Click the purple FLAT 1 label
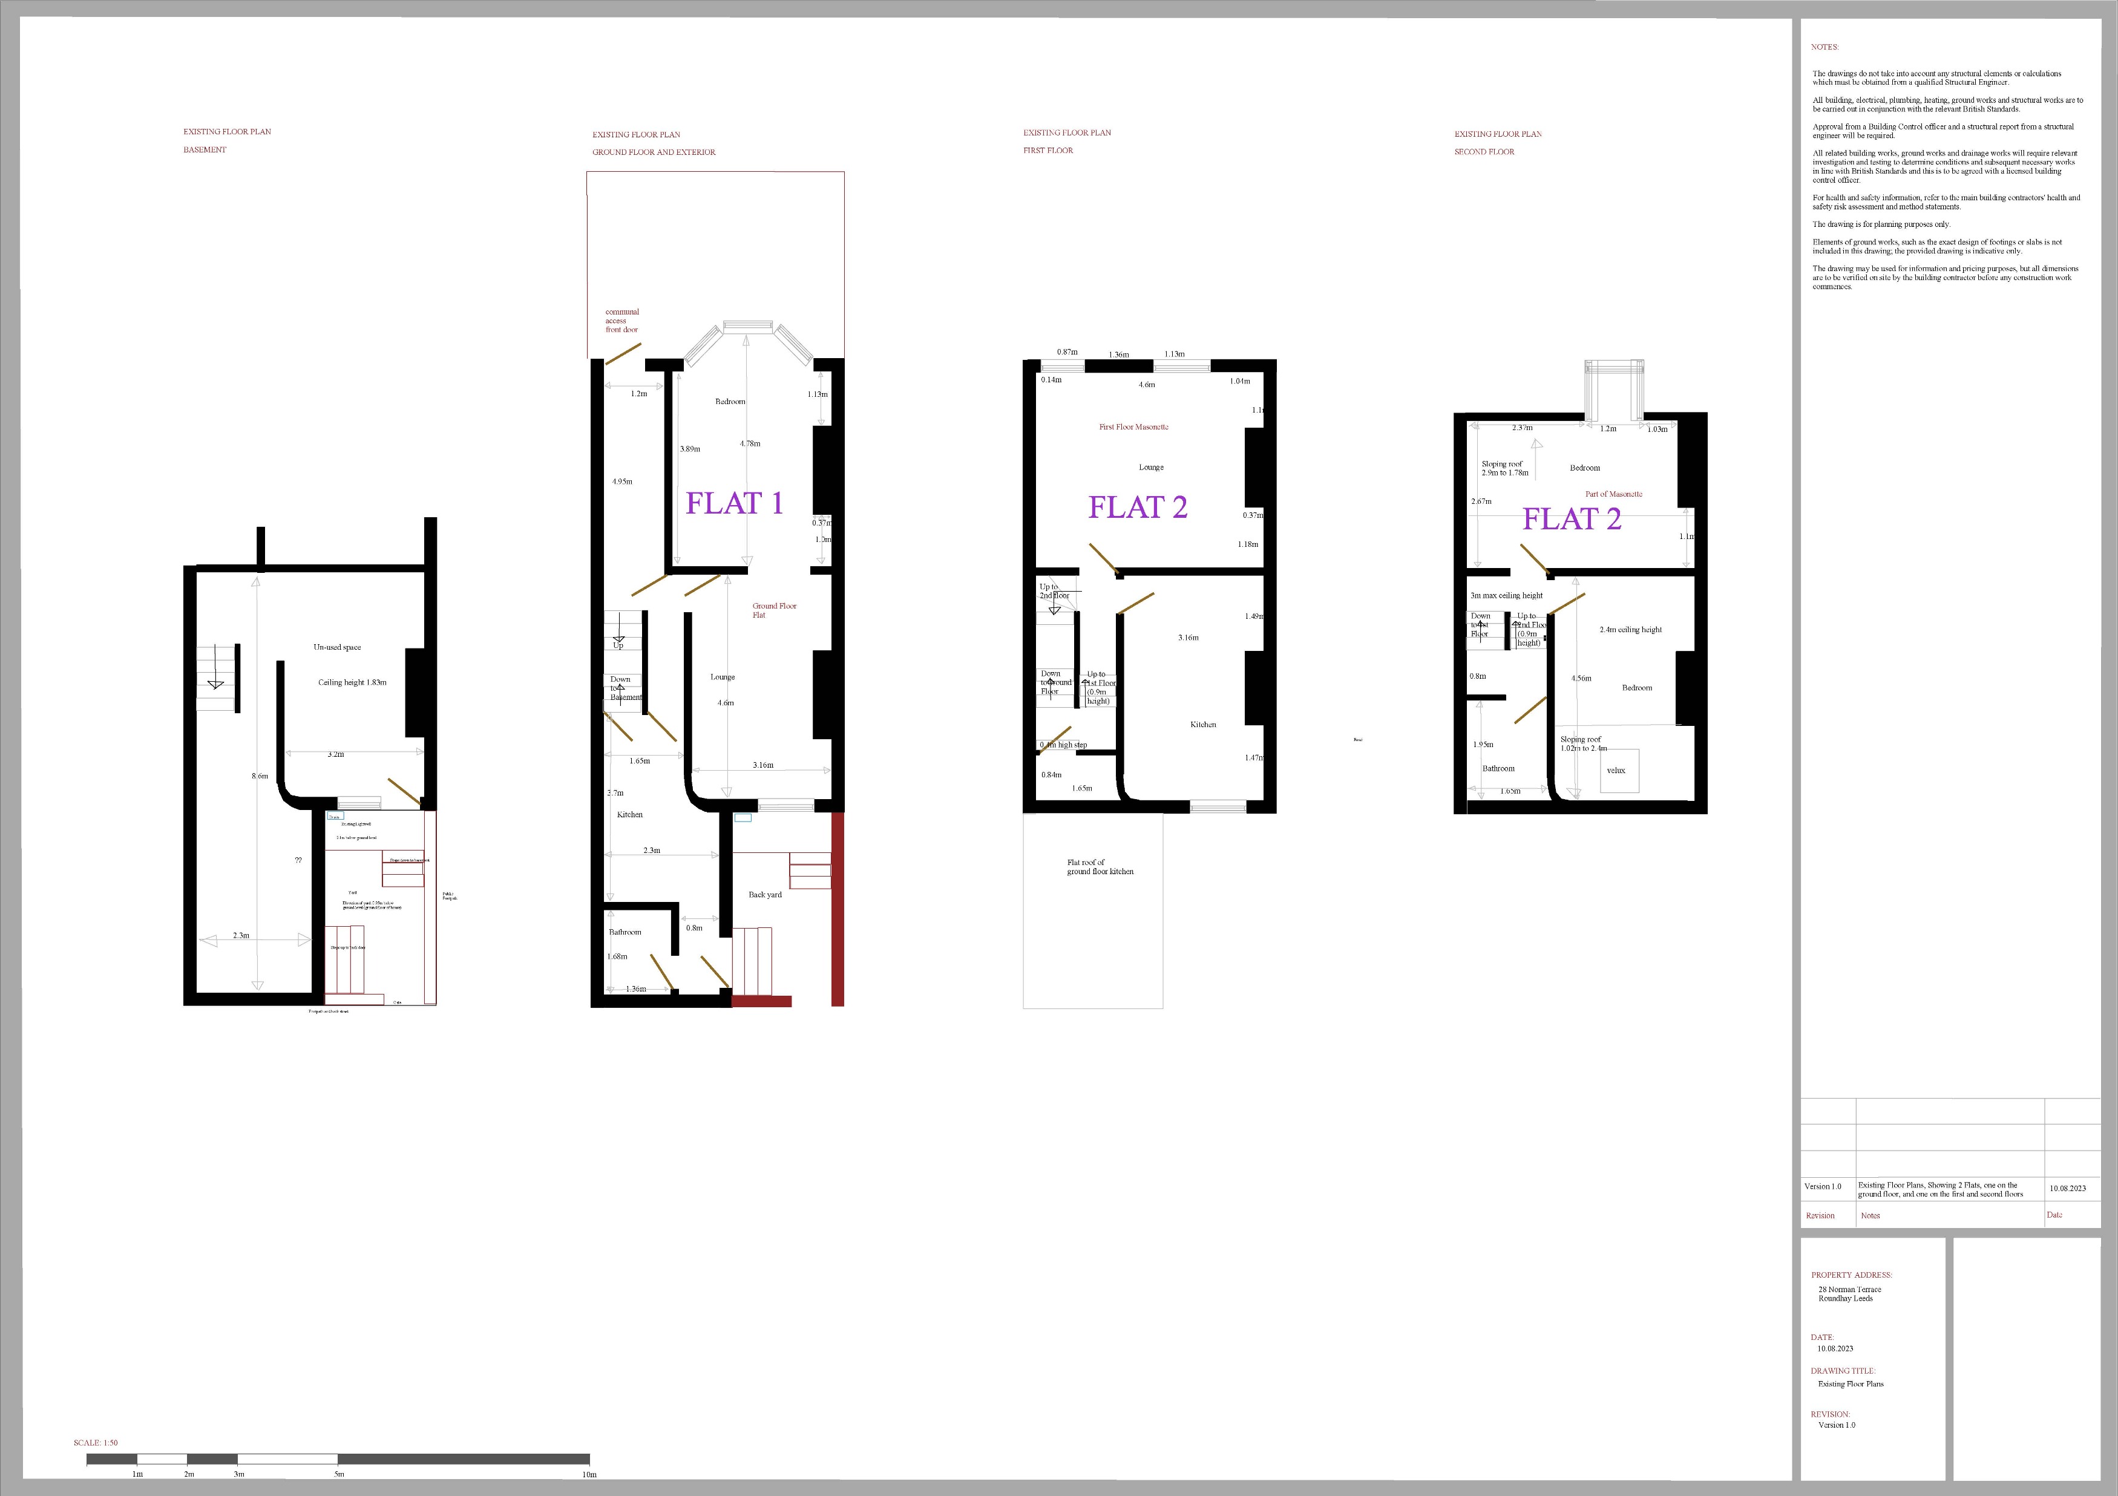pyautogui.click(x=734, y=503)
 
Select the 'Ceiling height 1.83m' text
pyautogui.click(x=352, y=682)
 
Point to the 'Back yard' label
pyautogui.click(x=765, y=895)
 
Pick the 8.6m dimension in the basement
pyautogui.click(x=260, y=777)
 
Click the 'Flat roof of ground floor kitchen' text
pyautogui.click(x=1100, y=867)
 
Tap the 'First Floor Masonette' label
pyautogui.click(x=1133, y=427)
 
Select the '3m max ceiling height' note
pyautogui.click(x=1506, y=596)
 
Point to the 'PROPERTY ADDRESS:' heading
pyautogui.click(x=1851, y=1275)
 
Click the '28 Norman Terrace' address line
pyautogui.click(x=1849, y=1289)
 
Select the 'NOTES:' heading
pyautogui.click(x=1825, y=47)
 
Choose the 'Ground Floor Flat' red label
pyautogui.click(x=774, y=610)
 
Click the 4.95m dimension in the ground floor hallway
pyautogui.click(x=621, y=482)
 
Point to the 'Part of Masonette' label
pyautogui.click(x=1613, y=494)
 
